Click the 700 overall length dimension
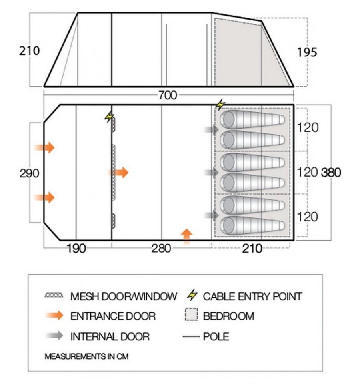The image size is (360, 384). [168, 95]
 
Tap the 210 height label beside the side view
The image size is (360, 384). [29, 51]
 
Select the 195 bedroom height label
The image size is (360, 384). [307, 52]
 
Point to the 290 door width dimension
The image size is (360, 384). [29, 173]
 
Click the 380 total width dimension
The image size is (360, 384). [331, 173]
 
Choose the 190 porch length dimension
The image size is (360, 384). [76, 249]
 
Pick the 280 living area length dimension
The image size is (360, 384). [161, 249]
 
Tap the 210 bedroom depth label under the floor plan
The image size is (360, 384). [252, 249]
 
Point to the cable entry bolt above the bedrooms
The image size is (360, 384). [220, 105]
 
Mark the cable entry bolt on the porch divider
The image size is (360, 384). [109, 117]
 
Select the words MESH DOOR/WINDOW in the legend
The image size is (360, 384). [124, 296]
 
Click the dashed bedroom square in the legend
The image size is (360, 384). [191, 314]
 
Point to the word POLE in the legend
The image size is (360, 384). [216, 336]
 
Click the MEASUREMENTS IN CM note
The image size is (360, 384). [86, 356]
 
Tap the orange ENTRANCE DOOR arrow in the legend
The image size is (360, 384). [54, 315]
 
